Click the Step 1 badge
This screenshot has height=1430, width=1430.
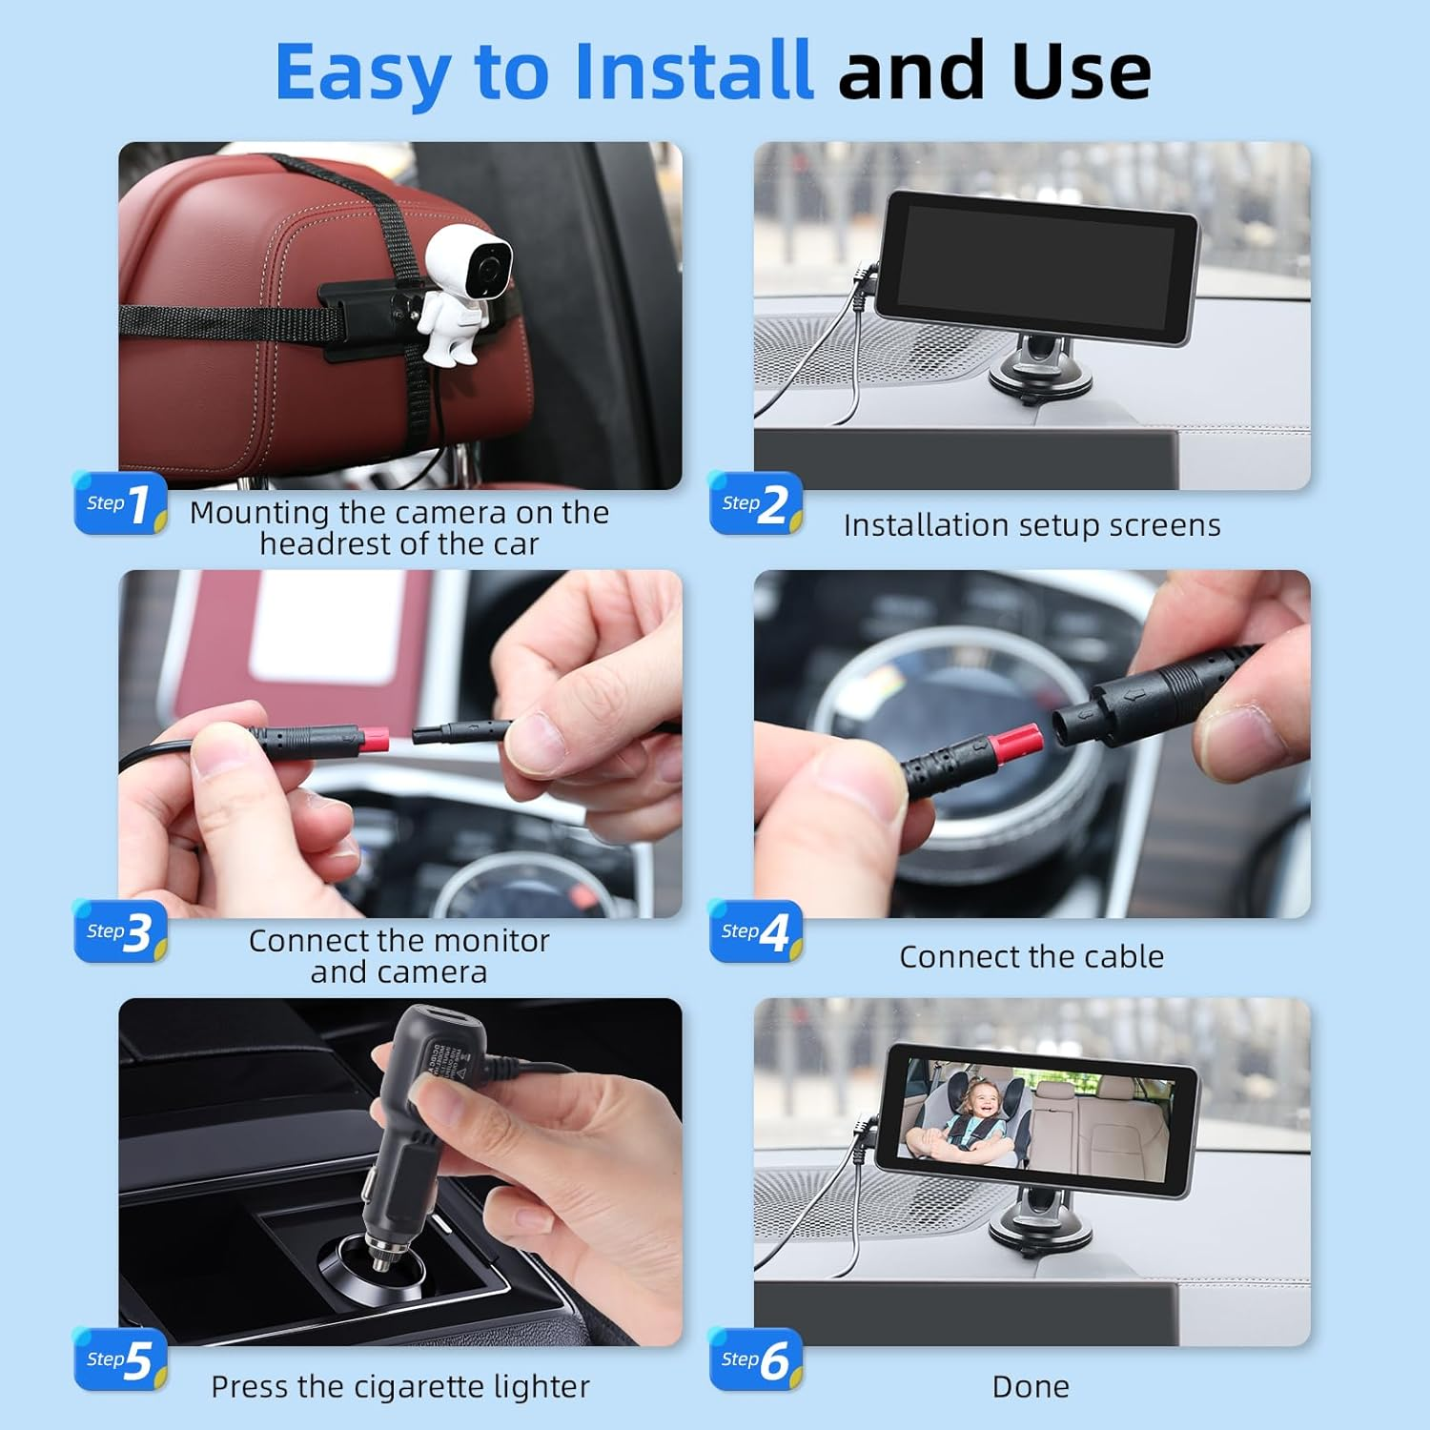[x=121, y=503]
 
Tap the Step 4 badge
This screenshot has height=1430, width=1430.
[x=756, y=931]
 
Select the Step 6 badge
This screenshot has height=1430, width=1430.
[x=756, y=1359]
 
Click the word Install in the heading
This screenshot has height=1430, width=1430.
[x=693, y=71]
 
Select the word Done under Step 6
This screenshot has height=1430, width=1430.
[x=1031, y=1386]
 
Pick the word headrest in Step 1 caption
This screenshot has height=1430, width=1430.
[x=327, y=544]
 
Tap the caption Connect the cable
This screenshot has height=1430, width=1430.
[x=1032, y=956]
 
